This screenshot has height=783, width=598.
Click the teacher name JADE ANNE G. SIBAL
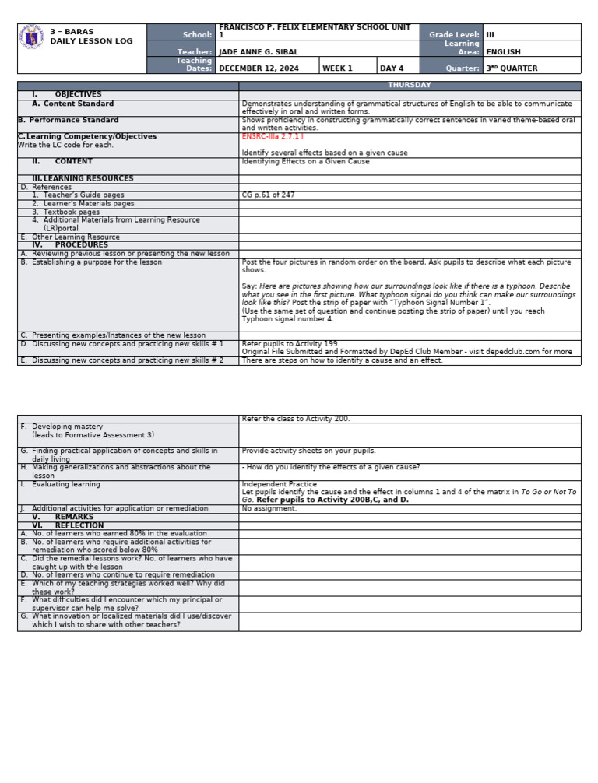[x=259, y=52]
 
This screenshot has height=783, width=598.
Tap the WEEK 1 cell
[x=337, y=68]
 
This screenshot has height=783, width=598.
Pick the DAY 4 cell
[x=392, y=68]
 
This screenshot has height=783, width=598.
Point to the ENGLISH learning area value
[x=503, y=52]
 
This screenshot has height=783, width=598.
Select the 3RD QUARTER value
[x=512, y=68]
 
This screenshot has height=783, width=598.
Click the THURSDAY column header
[x=410, y=85]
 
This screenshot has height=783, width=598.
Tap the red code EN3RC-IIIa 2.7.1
[x=273, y=136]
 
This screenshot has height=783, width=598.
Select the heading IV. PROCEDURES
[x=70, y=245]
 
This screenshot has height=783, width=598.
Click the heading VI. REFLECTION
[x=68, y=525]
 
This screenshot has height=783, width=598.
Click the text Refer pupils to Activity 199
[x=290, y=343]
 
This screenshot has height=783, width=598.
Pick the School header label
[x=197, y=35]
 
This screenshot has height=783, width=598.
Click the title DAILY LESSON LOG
[x=91, y=41]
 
